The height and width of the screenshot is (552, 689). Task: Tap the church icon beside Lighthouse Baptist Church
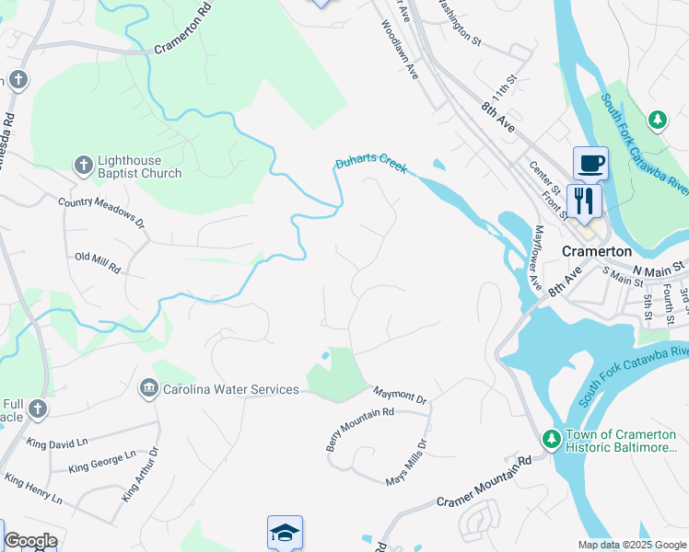82,166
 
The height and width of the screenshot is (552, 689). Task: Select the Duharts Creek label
369,165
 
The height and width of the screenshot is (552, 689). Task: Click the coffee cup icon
590,164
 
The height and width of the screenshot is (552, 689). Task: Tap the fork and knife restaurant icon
584,199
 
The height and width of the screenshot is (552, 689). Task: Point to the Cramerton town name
597,251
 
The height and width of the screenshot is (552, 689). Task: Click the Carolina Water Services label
231,389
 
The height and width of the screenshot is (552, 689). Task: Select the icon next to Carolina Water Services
148,389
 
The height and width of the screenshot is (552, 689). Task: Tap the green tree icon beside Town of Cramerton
552,438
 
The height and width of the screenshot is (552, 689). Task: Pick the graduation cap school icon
285,532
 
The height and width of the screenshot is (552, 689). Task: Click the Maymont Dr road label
400,394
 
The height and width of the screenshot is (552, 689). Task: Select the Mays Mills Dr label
407,463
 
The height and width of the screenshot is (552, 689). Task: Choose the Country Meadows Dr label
101,212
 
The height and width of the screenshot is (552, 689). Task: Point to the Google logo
29,541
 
